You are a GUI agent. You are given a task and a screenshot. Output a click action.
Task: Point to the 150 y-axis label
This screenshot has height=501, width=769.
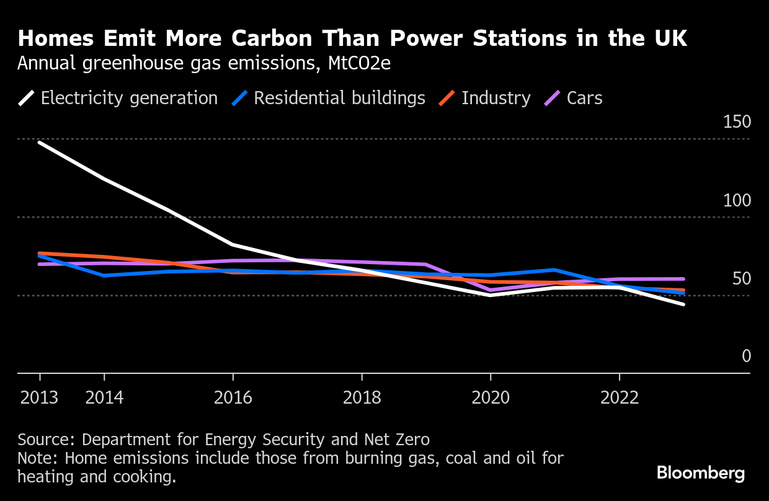[737, 122]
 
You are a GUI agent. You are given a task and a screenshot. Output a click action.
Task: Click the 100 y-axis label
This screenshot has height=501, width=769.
[737, 200]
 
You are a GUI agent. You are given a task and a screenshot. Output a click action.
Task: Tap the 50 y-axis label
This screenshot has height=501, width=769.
[741, 278]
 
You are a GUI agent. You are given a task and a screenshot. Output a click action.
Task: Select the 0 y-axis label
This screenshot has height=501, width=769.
[746, 356]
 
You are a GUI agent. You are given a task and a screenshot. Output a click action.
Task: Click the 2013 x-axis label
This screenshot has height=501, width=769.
[40, 397]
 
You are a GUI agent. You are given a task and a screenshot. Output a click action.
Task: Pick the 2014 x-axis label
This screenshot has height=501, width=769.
[104, 397]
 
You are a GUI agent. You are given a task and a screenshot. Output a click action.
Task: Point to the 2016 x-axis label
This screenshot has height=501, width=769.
[233, 397]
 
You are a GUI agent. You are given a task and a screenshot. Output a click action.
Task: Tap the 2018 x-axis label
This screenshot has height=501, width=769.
[362, 397]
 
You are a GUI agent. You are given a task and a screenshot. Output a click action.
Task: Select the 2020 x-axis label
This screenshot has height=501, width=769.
[491, 397]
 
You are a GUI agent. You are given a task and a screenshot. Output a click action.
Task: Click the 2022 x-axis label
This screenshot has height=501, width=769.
[620, 397]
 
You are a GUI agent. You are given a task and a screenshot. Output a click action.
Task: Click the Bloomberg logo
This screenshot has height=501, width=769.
[701, 474]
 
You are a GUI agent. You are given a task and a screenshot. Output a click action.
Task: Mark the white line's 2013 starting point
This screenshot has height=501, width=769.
[40, 143]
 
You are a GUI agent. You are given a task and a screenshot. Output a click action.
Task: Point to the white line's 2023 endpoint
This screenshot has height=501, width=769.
[683, 304]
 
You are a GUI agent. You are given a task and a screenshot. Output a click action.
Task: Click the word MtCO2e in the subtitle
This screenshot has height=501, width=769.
[359, 64]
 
